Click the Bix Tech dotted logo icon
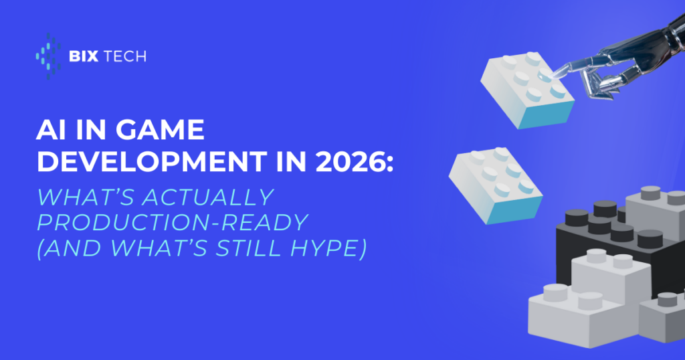pos(48,56)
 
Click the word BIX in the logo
pos(84,56)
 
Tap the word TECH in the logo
pos(124,56)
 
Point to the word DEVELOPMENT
pos(152,162)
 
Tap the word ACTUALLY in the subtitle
pos(208,197)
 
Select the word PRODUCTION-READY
pos(173,222)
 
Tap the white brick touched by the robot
pos(527,90)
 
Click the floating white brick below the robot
pos(496,185)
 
